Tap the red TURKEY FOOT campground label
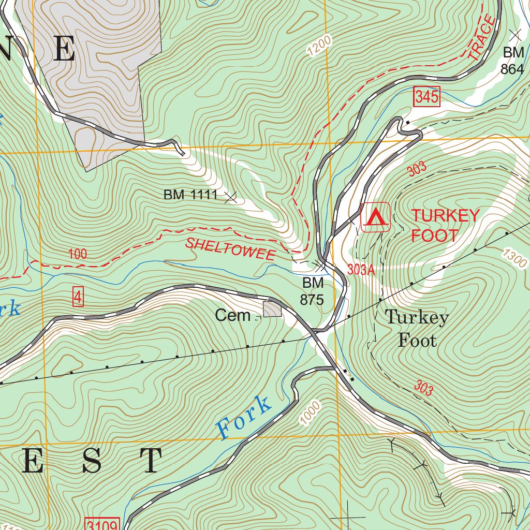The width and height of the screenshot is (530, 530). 445,226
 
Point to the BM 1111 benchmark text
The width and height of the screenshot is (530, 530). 190,195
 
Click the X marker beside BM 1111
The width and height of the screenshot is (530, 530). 231,196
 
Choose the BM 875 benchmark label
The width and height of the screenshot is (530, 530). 312,291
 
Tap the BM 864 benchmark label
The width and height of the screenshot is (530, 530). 512,61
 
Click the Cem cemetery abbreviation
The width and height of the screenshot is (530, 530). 232,315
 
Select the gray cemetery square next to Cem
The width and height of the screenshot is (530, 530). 272,310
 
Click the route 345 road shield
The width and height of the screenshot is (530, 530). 426,97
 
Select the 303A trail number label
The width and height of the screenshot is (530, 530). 361,270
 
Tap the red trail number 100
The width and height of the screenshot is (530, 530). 77,254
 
